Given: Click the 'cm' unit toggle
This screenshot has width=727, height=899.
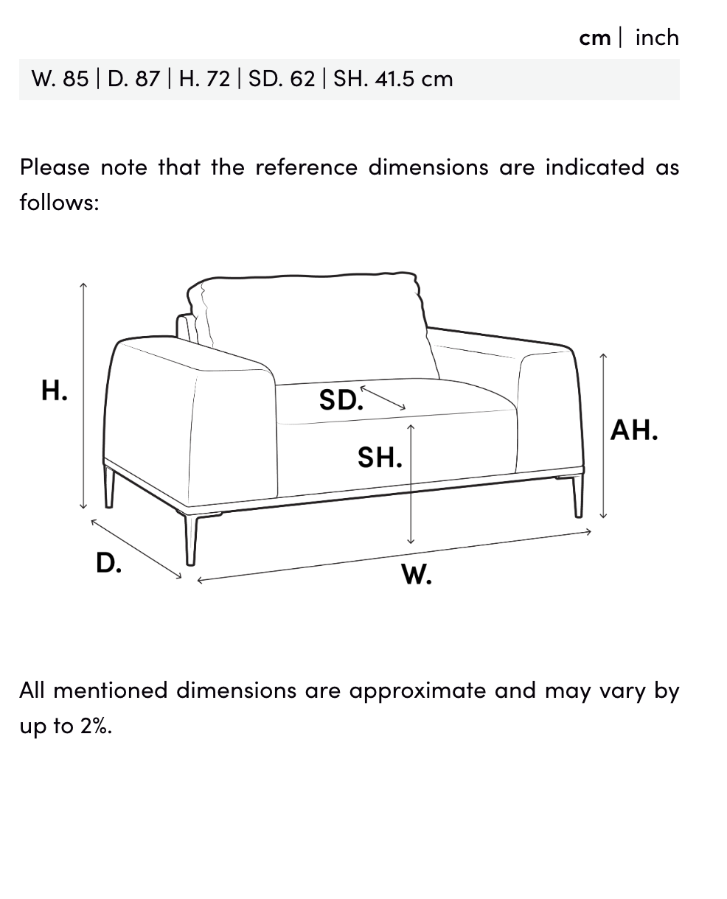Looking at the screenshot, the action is (594, 38).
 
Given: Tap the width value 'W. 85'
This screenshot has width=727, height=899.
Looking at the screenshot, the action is (60, 79).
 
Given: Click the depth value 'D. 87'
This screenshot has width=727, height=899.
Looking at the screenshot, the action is (134, 79).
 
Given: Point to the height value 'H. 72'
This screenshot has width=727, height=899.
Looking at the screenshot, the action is (205, 79).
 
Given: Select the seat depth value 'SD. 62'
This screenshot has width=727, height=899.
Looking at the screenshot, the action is (282, 79).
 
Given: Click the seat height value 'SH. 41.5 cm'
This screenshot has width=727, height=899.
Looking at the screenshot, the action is (393, 79).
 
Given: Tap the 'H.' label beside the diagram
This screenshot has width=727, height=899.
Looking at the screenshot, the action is (54, 390).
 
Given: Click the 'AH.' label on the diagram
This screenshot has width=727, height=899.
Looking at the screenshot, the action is (633, 430).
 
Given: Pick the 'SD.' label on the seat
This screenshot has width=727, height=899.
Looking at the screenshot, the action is (341, 399).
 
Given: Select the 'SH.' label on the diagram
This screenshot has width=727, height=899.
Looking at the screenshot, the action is (380, 457).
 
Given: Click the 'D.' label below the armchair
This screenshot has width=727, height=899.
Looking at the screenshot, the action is (108, 562).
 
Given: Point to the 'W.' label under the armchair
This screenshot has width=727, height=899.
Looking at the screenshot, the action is (417, 574).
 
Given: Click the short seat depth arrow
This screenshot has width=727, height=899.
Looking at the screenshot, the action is (383, 398).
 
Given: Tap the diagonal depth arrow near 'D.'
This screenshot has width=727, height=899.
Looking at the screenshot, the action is (136, 549).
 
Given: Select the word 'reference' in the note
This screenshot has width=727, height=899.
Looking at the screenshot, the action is (307, 167).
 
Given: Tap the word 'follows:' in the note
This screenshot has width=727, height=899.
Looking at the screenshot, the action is (59, 202).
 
